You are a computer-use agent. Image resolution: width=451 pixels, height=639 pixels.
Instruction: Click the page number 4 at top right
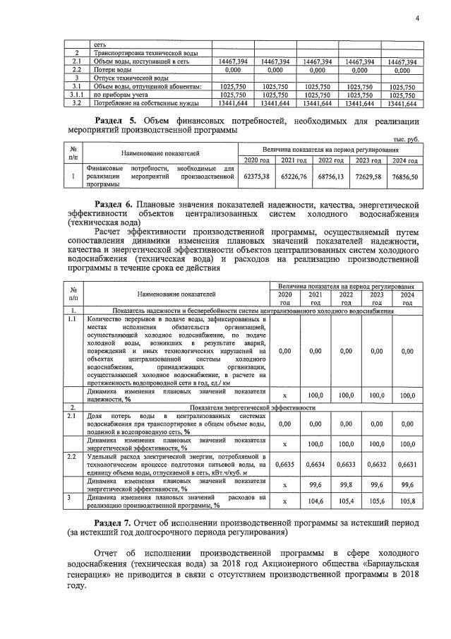click(417, 19)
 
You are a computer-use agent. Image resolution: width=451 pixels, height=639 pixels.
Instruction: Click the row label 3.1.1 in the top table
click(76, 95)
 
